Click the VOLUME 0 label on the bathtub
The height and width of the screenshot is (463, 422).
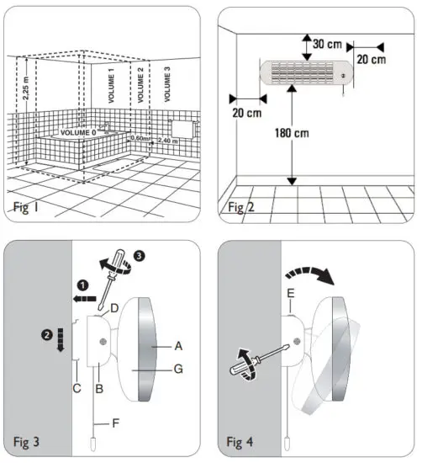[x=78, y=132]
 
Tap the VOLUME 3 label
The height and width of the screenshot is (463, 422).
[x=167, y=84]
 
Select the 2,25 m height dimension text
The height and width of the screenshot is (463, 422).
[x=26, y=88]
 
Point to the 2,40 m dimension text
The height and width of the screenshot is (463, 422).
[x=167, y=141]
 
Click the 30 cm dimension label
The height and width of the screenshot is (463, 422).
[x=327, y=45]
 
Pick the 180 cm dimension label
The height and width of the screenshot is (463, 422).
[x=292, y=133]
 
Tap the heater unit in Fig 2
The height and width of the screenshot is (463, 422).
[x=306, y=73]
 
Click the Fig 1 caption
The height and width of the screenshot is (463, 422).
[x=26, y=207]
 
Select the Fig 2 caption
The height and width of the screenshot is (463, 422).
[x=241, y=207]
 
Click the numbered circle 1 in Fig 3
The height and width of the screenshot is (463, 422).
[x=83, y=285]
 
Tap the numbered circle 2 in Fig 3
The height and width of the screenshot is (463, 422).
[x=47, y=335]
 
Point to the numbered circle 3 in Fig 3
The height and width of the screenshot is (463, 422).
[x=139, y=255]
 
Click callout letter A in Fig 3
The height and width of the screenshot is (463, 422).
[x=178, y=346]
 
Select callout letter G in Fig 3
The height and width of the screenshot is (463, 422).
[x=178, y=369]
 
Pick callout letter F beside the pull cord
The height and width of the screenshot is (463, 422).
[x=116, y=423]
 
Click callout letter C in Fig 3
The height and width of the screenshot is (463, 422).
[x=76, y=388]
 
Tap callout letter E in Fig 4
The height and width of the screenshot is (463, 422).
[x=291, y=294]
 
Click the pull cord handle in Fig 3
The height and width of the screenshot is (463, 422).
[x=93, y=444]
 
